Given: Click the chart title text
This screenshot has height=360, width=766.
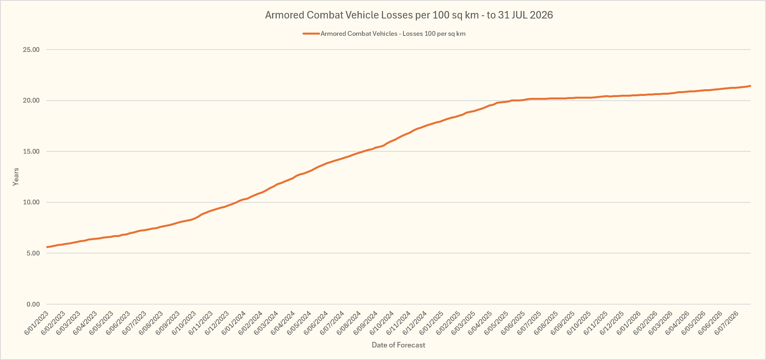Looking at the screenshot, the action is tap(409, 15).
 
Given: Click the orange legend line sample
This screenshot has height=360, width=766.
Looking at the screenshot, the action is tap(311, 34).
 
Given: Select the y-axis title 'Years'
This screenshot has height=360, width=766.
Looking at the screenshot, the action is tap(16, 177).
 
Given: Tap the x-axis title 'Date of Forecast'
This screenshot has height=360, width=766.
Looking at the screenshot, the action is tap(398, 345).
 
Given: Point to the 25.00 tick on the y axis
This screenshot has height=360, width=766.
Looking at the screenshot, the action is tap(31, 50).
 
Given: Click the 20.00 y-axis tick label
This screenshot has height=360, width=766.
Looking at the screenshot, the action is tap(31, 101).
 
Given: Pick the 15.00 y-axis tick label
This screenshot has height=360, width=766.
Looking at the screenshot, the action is tap(31, 152).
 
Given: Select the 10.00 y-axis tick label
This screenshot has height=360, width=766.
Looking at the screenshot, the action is tap(31, 202).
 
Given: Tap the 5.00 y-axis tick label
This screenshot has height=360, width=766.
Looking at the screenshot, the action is tap(33, 253).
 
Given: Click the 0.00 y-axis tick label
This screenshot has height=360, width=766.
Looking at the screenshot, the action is tap(33, 304).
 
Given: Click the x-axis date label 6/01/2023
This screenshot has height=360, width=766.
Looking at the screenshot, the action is tap(37, 323).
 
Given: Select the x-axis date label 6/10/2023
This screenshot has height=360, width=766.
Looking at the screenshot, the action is tap(184, 323).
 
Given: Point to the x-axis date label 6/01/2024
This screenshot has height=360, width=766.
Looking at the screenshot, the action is tap(234, 323).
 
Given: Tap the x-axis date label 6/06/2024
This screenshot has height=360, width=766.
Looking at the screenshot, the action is tap(316, 323).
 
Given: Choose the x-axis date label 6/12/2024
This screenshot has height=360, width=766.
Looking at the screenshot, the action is tap(415, 323).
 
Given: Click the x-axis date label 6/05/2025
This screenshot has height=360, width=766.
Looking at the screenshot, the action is tap(497, 323).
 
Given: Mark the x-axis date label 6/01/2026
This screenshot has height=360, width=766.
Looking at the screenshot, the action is tap(629, 323).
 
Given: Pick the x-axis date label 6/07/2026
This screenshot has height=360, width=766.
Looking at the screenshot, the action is tap(727, 323).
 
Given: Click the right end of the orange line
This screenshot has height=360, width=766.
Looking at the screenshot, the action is tap(750, 86).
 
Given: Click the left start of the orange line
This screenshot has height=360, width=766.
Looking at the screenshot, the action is tap(47, 247).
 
